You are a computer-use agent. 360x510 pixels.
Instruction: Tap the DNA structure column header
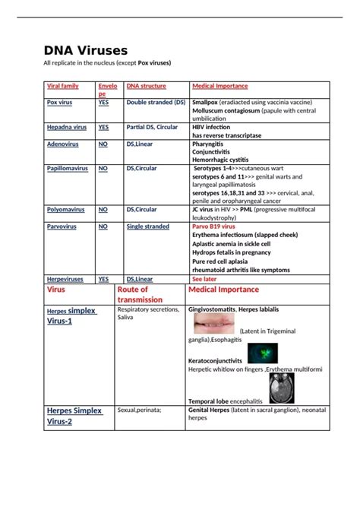[146, 86]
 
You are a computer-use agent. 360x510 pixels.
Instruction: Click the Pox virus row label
[60, 101]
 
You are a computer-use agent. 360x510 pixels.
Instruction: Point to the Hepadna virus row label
[66, 127]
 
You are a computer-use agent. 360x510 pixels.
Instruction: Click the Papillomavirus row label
[68, 168]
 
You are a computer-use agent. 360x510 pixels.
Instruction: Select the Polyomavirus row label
[66, 209]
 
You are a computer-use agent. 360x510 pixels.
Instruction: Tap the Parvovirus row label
[62, 226]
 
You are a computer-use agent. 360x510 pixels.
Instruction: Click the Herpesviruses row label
[65, 279]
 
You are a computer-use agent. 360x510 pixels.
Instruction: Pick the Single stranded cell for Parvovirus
[148, 226]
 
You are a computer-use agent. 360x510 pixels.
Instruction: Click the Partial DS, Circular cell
[152, 127]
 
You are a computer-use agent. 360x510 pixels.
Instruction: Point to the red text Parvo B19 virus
[214, 226]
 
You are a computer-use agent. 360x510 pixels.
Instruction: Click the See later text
[205, 279]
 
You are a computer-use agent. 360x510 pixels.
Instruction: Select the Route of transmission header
[138, 294]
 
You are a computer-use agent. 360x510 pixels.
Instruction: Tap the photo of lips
[214, 325]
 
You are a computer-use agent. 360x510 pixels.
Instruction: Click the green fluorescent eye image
[263, 353]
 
